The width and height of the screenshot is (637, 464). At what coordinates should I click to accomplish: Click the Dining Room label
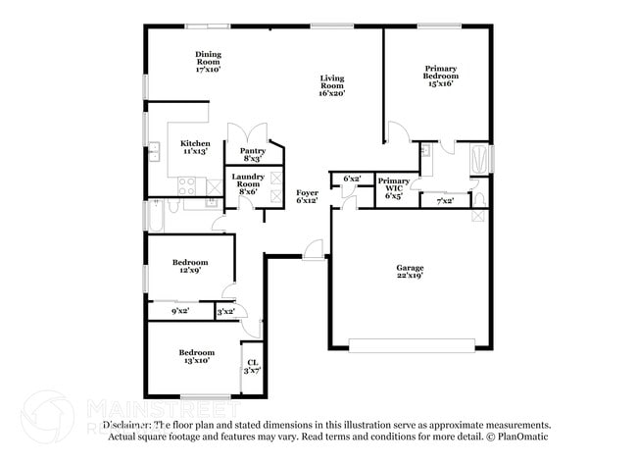tap(208, 62)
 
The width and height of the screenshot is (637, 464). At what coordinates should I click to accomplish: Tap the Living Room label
tap(330, 85)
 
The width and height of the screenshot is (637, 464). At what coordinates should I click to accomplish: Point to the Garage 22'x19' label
tap(410, 271)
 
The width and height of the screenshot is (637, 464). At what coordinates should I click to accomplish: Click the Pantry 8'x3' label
tap(252, 154)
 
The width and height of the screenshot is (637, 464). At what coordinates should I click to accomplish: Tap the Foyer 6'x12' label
tap(307, 196)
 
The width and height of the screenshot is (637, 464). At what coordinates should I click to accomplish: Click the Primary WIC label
tap(393, 188)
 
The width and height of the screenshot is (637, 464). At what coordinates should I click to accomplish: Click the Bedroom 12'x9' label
tap(190, 266)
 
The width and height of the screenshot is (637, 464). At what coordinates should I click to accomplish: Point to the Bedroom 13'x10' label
tap(195, 356)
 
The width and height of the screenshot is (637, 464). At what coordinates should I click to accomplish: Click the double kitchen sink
tap(154, 151)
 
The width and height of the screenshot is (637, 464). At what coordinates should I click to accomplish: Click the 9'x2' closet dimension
tap(180, 311)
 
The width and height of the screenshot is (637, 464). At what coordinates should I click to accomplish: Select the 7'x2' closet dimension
tap(444, 200)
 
